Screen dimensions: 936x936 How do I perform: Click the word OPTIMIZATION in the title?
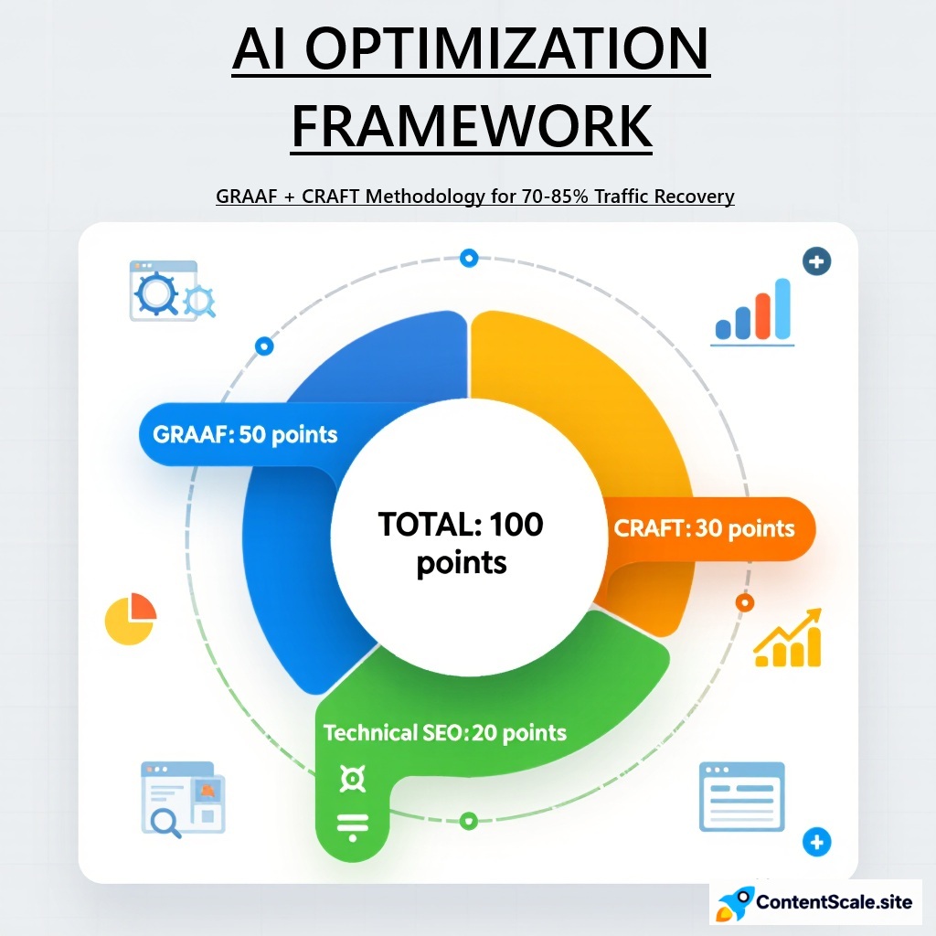point(506,51)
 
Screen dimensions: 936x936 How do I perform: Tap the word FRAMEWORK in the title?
point(472,127)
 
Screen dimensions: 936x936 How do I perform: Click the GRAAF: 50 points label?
point(239,434)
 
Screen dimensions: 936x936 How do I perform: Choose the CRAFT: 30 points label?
point(704,528)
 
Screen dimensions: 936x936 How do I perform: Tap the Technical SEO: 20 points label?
point(445,732)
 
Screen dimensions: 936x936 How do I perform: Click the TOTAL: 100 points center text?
point(462,543)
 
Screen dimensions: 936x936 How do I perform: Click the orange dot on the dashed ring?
point(744,602)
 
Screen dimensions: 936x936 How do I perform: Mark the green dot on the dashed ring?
point(469,820)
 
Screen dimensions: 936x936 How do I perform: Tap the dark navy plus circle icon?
point(815,262)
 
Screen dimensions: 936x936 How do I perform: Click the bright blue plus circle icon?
point(817,841)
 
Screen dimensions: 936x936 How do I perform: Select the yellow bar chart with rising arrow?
point(788,640)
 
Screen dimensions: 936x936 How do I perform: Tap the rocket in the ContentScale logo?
point(735,902)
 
